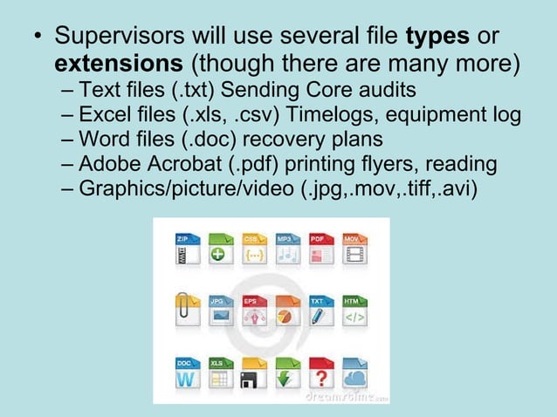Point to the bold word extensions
pyautogui.click(x=120, y=65)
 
